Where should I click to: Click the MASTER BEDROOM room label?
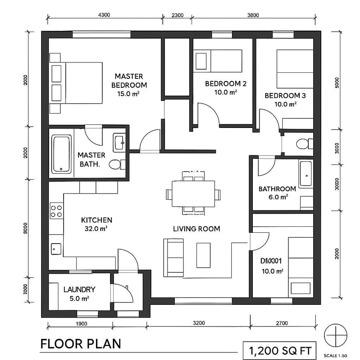129,80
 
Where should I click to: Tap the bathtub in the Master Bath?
62,154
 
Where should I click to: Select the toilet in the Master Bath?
116,164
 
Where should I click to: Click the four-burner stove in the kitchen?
56,211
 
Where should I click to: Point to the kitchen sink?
55,248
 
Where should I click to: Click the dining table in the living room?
193,194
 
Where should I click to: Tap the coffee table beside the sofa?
203,255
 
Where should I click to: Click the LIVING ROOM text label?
196,229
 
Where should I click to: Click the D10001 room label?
272,261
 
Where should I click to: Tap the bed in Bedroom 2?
218,60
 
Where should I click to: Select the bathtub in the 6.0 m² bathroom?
306,174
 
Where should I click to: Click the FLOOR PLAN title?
80,344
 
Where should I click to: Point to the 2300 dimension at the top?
177,15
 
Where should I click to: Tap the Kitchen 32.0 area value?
96,229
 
